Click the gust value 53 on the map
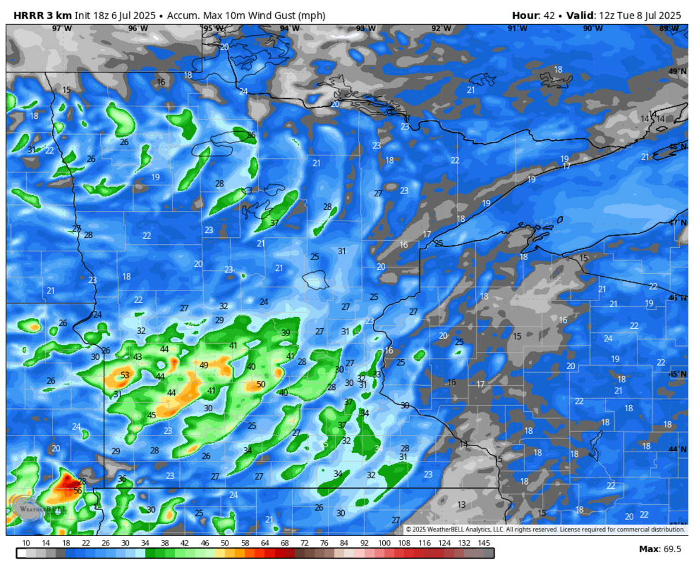click(x=125, y=375)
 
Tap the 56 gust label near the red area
click(x=77, y=491)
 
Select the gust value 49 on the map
click(x=204, y=365)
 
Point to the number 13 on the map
click(x=462, y=504)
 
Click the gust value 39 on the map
click(x=286, y=333)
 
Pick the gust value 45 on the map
click(x=152, y=415)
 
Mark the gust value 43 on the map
click(x=138, y=357)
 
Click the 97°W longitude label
click(x=62, y=28)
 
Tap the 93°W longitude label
click(x=366, y=28)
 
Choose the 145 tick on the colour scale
click(x=484, y=543)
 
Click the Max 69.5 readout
click(x=660, y=549)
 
